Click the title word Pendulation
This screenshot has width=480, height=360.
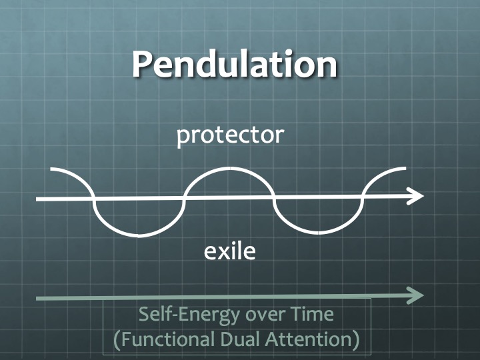[235, 64]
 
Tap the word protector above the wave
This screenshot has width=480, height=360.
[231, 135]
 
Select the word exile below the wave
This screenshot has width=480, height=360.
[229, 251]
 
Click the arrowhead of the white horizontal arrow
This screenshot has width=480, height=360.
[415, 196]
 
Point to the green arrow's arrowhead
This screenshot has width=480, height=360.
[415, 295]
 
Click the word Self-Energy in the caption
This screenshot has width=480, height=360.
[189, 315]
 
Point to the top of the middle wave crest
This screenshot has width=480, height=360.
[229, 168]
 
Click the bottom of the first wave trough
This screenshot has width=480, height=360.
[139, 236]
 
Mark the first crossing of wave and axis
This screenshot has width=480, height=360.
[94, 199]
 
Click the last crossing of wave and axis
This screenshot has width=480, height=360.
[363, 197]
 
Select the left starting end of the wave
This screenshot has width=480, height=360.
[51, 169]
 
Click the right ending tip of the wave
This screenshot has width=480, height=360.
[405, 169]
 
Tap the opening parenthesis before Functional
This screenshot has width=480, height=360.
[117, 341]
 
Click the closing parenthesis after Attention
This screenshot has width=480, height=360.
[355, 341]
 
